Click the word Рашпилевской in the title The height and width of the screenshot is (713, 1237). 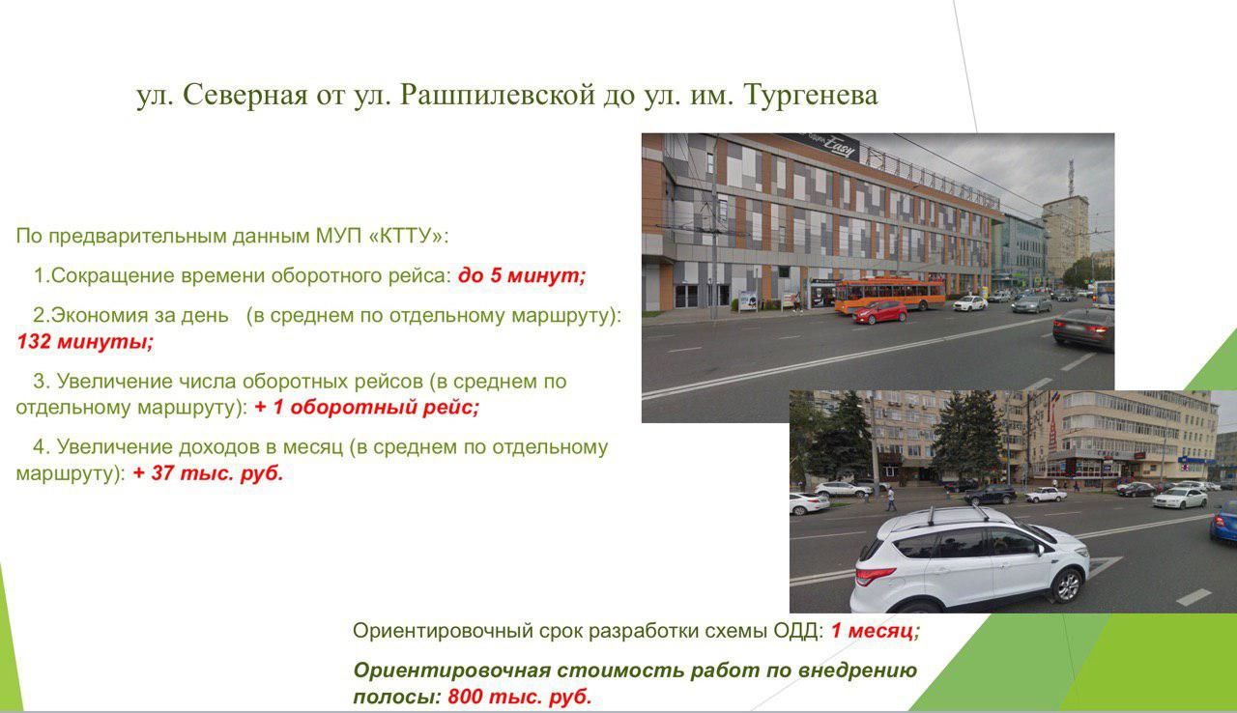tap(498, 96)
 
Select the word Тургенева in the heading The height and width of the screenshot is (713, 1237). tap(811, 96)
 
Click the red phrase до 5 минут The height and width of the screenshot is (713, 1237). tap(522, 274)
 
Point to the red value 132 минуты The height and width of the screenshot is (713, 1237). tap(85, 342)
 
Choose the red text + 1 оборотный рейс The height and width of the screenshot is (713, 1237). tap(366, 408)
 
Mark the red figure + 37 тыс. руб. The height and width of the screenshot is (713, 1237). tap(208, 473)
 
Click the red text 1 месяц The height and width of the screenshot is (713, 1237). tap(876, 630)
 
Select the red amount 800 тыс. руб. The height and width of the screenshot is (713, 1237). tap(520, 697)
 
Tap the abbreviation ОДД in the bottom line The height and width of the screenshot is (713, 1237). tap(797, 630)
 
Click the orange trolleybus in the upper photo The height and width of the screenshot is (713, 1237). tap(890, 295)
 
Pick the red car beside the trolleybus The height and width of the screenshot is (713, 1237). tap(879, 312)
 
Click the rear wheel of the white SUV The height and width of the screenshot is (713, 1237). tap(1067, 585)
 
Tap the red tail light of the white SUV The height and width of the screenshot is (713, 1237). tap(875, 576)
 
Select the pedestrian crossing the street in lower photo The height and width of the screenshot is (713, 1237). tap(890, 499)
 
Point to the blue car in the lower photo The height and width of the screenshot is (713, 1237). tap(1223, 521)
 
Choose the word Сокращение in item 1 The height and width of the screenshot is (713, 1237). tap(113, 274)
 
